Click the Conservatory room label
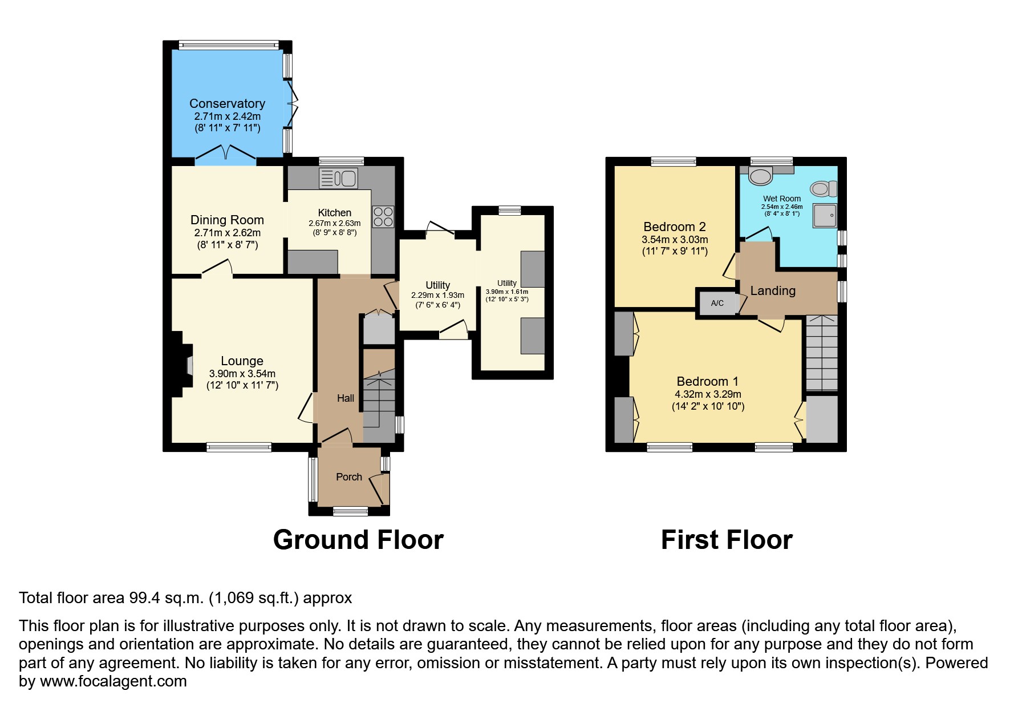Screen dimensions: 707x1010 click(x=227, y=103)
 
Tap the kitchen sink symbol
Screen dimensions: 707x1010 click(x=338, y=178)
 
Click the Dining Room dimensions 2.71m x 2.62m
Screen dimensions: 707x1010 click(x=227, y=233)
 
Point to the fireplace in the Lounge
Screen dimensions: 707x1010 click(x=187, y=364)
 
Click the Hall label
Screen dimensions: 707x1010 click(x=345, y=398)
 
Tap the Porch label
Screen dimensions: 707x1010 click(x=348, y=477)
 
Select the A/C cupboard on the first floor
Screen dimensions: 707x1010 click(x=717, y=303)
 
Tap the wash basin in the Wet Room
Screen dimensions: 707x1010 click(x=760, y=176)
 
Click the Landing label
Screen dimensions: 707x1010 click(x=772, y=290)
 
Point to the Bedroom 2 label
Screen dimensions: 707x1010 click(x=674, y=227)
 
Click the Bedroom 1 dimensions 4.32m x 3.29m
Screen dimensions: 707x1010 click(x=708, y=394)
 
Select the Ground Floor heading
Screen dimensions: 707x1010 click(x=358, y=540)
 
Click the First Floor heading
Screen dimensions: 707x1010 click(x=726, y=540)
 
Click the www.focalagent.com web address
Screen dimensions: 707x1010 click(x=113, y=681)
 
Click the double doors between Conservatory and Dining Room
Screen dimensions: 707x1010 click(x=226, y=154)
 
